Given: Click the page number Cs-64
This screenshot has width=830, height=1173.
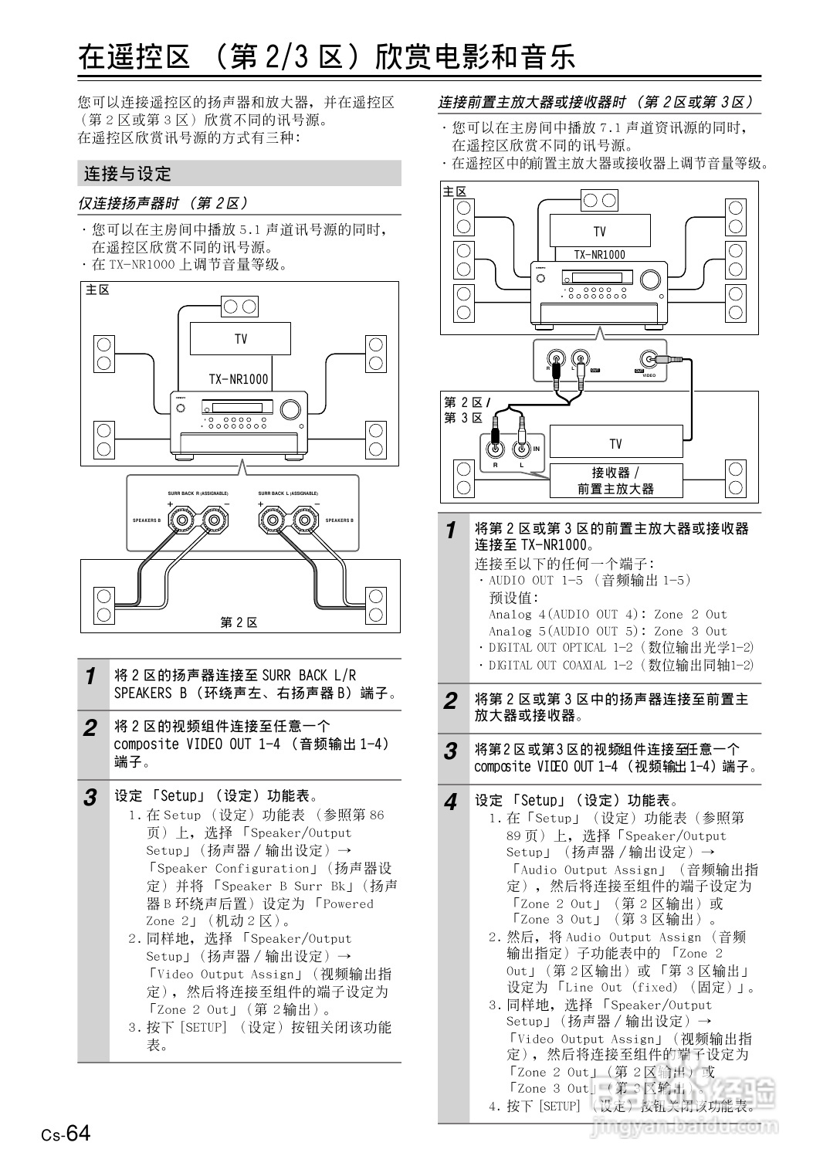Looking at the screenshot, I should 66,1134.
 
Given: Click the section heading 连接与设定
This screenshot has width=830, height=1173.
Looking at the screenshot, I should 127,174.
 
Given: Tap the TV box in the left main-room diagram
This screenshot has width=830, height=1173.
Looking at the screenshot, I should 240,339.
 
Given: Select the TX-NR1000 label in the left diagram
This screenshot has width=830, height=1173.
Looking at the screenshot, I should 239,379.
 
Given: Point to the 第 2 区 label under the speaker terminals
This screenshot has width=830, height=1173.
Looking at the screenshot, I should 239,622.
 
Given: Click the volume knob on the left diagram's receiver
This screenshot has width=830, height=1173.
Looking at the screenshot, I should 291,409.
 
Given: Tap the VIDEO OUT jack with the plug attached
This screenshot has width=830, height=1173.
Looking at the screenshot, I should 649,358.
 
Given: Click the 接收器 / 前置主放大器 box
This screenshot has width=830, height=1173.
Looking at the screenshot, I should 615,480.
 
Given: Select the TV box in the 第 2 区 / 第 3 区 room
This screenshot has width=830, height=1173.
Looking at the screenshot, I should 615,443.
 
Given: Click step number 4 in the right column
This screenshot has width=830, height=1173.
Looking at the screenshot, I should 451,802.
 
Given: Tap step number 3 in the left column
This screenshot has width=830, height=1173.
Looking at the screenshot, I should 91,798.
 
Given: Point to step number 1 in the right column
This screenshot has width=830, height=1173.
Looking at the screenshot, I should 451,531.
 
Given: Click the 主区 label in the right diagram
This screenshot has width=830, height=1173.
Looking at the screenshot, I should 455,192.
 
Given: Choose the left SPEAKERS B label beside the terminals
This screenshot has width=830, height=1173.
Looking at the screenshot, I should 147,520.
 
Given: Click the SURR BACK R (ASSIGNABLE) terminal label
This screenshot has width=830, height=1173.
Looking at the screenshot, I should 198,493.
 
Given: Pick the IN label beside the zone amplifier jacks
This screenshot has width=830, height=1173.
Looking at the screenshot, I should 537,449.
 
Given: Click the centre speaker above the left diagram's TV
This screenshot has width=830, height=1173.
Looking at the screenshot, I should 239,307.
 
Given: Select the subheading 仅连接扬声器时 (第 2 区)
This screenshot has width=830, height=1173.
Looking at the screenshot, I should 163,203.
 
